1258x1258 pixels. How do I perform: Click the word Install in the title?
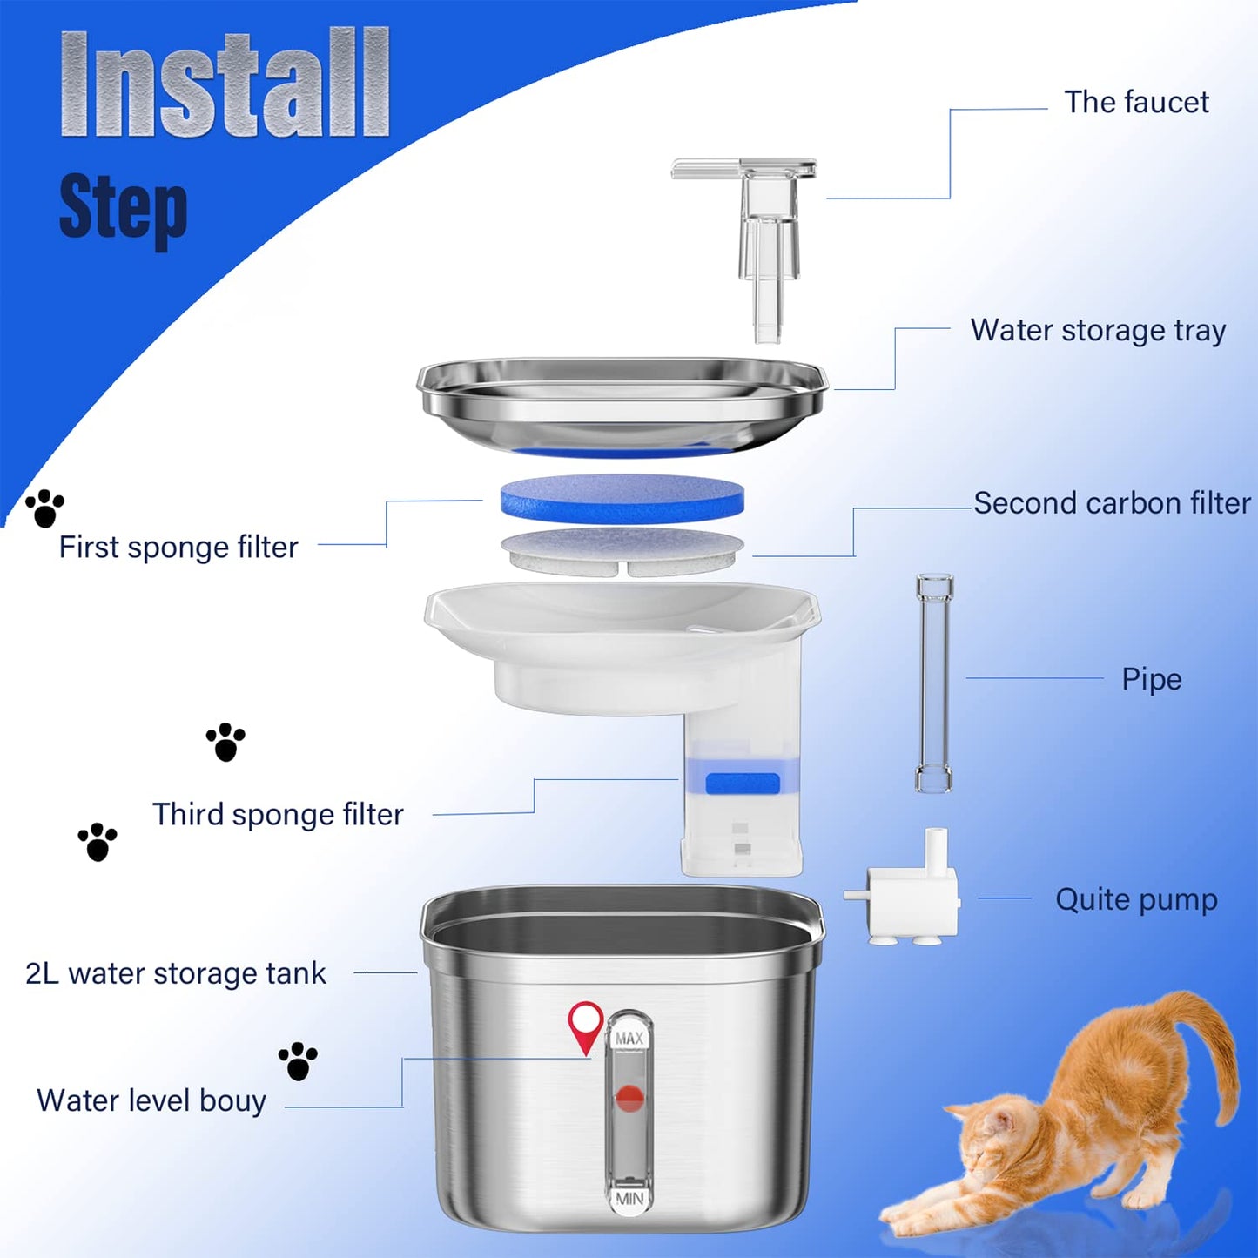(x=225, y=84)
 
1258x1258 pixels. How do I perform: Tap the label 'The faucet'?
(x=1136, y=103)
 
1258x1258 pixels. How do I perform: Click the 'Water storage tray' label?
(x=1098, y=331)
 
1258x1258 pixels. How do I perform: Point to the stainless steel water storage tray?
(x=622, y=405)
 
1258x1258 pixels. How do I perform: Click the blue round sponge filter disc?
(x=622, y=498)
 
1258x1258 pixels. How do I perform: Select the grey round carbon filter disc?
(x=622, y=549)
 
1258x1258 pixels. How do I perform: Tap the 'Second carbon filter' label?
(x=1112, y=503)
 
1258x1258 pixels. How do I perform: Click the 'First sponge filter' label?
(x=178, y=548)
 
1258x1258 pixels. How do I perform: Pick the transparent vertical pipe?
(x=934, y=683)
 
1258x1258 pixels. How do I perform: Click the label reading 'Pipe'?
(x=1151, y=679)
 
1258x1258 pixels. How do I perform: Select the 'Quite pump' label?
(x=1136, y=899)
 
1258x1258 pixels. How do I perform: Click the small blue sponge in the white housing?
(x=742, y=784)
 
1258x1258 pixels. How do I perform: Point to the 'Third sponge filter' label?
(x=278, y=815)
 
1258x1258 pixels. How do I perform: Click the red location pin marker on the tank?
(x=586, y=1024)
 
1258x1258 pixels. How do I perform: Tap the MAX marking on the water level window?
(x=629, y=1038)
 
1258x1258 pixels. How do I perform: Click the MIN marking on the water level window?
(x=629, y=1198)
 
